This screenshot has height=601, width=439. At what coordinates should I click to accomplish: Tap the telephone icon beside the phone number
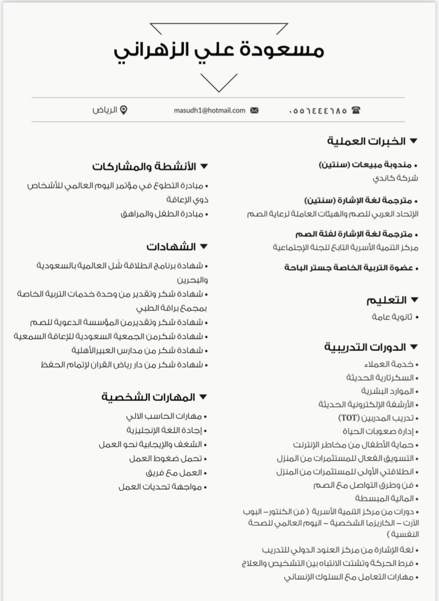click(x=356, y=110)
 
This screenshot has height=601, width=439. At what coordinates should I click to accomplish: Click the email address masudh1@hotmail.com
click(x=209, y=111)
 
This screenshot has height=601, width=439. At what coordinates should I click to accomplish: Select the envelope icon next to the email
click(x=254, y=111)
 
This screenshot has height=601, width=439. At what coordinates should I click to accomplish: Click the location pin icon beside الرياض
click(x=123, y=110)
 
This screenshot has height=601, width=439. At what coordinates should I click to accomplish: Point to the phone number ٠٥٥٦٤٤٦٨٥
click(x=317, y=111)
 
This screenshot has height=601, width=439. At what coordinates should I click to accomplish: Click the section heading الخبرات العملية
click(x=366, y=141)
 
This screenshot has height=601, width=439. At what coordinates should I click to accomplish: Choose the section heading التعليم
click(x=386, y=300)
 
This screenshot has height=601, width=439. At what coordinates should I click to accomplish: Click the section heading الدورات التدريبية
click(x=365, y=347)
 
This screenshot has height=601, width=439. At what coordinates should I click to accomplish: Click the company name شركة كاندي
click(x=395, y=178)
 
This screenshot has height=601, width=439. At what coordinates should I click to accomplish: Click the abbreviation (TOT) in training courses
click(x=348, y=418)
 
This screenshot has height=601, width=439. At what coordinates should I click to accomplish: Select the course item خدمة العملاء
click(x=389, y=364)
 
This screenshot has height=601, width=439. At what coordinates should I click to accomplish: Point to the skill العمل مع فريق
click(x=173, y=473)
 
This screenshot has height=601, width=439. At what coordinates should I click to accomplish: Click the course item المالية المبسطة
click(x=384, y=498)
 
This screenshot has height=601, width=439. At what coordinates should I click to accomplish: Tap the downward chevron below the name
click(x=219, y=83)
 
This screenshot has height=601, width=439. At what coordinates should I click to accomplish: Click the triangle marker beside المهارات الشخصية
click(x=203, y=397)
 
